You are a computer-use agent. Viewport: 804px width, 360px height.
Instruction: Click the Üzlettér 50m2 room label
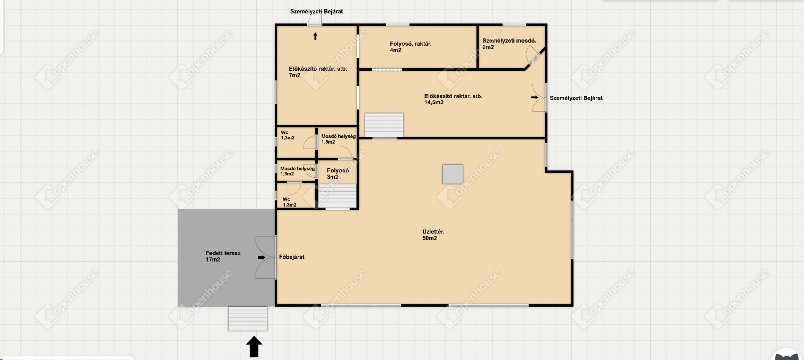(433, 235)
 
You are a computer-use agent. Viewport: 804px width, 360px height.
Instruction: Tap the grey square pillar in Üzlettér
(453, 174)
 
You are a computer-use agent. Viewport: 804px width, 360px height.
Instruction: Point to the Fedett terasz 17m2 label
(223, 256)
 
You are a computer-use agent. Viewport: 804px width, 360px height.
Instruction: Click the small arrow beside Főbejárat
(261, 257)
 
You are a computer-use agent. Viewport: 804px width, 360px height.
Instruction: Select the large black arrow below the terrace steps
(254, 347)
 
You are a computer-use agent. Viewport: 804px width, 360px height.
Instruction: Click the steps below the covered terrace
(247, 319)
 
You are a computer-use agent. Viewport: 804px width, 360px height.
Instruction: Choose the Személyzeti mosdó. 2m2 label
(509, 44)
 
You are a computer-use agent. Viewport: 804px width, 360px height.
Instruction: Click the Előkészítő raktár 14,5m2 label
(453, 99)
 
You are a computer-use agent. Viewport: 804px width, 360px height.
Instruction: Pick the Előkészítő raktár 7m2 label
(318, 72)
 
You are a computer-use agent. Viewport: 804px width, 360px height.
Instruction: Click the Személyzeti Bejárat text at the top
(317, 11)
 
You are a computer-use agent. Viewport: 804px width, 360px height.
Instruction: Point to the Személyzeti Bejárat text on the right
(576, 98)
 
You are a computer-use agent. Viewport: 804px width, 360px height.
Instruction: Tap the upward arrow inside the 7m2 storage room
(315, 36)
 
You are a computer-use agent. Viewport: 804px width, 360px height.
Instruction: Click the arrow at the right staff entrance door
(535, 98)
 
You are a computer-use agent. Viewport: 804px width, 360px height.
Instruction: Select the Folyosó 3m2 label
(338, 174)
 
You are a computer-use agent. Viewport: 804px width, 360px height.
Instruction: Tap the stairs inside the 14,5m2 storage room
(384, 125)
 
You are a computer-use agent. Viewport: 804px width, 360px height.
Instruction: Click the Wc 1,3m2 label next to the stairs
(289, 202)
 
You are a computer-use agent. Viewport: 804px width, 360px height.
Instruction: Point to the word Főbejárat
(292, 257)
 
